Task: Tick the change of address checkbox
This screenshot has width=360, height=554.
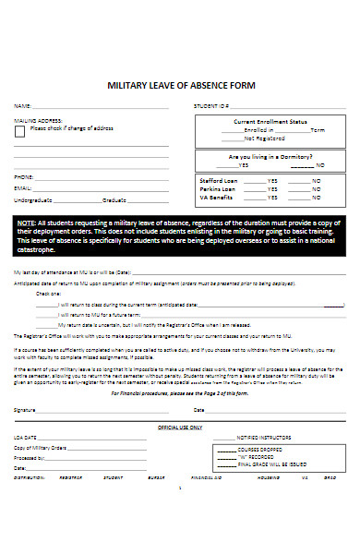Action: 20,131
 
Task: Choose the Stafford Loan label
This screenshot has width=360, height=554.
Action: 218,180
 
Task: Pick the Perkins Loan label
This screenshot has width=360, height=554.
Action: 217,189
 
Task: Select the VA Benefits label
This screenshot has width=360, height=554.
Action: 216,198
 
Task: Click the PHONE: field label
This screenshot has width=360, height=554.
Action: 24,176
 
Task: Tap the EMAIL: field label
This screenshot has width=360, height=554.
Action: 23,187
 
